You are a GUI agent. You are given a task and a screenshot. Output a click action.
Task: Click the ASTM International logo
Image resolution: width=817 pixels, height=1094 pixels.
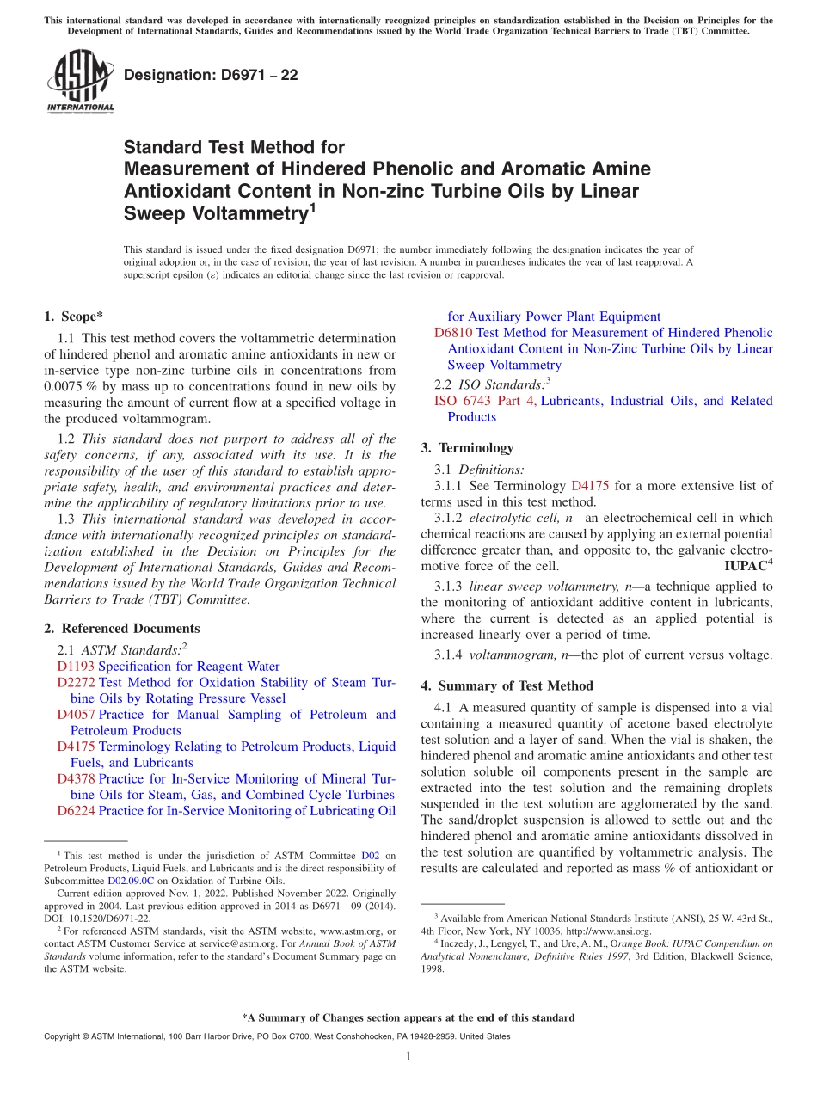coord(80,81)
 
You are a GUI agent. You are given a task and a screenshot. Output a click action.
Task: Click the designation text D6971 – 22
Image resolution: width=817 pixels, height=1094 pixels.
coord(211,75)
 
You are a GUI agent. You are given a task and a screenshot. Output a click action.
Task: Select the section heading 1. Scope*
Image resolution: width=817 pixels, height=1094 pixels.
coord(73,317)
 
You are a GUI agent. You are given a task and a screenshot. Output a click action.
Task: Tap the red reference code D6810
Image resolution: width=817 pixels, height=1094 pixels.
coord(453,333)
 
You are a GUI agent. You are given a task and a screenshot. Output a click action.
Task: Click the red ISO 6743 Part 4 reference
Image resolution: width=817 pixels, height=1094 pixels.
coord(485,401)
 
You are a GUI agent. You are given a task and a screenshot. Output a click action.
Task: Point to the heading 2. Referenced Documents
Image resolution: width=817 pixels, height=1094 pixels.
coord(121,629)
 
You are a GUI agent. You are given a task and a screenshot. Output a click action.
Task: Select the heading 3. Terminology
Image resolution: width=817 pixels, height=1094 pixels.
coord(467,448)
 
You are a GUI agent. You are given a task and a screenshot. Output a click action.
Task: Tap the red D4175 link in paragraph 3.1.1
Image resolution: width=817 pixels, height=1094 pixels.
coord(589,486)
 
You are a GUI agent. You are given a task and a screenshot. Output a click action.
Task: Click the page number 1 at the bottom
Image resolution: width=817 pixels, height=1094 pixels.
coord(408,1056)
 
